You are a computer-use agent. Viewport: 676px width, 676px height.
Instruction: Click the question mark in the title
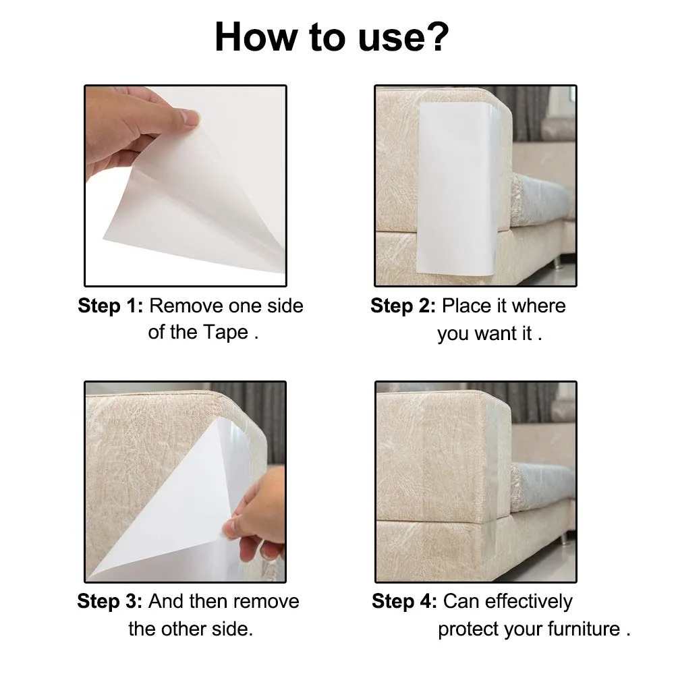click(x=435, y=36)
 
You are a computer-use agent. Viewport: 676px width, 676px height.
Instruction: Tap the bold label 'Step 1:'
click(x=111, y=306)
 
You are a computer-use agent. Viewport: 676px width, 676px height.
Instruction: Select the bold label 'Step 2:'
click(x=403, y=306)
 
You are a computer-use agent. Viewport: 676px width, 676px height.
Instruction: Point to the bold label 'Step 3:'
click(x=110, y=601)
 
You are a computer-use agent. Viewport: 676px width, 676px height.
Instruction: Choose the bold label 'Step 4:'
click(x=404, y=601)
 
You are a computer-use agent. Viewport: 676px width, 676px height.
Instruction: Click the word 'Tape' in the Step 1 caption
click(x=226, y=332)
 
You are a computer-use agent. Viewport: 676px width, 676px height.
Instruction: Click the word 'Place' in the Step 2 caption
click(x=467, y=306)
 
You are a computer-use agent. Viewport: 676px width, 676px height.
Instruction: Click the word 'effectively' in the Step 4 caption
click(x=529, y=602)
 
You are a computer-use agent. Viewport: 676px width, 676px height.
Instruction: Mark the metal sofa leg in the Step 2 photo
click(x=557, y=262)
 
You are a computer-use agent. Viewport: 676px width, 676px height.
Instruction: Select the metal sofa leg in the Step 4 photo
click(x=564, y=539)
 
